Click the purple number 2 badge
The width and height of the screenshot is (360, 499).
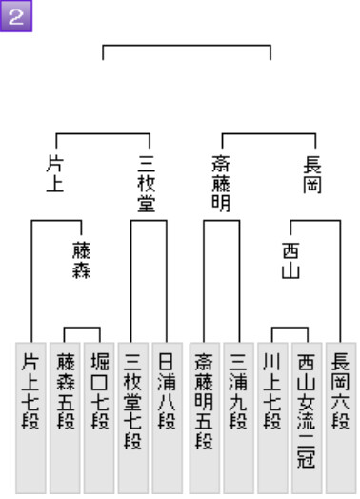coord(16,16)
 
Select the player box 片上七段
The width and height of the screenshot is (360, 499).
coord(30,418)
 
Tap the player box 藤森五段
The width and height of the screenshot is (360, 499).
coord(65,418)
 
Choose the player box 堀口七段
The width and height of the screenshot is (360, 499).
coord(99,418)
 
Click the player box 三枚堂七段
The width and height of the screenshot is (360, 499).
coord(133,418)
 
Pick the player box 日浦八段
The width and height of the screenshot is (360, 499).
coord(167,418)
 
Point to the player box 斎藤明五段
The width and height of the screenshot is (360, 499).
coord(205,418)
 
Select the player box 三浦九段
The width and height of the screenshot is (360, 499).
coord(238,418)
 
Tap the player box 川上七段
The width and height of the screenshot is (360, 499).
coord(272,418)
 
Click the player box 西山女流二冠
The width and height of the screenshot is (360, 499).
coord(307,418)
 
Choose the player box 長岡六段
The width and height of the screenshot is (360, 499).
coord(341,418)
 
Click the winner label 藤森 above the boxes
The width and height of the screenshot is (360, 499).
coord(82,261)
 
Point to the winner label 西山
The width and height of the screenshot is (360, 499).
coord(290,261)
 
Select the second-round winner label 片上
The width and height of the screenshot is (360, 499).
coord(55,173)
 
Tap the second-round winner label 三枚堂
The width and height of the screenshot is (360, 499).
coord(147,184)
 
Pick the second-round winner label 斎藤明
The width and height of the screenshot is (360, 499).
coord(221,184)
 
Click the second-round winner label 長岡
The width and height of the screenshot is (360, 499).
coord(312,173)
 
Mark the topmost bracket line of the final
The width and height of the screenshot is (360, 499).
coord(187,46)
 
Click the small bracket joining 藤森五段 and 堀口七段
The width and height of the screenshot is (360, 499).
coord(82,328)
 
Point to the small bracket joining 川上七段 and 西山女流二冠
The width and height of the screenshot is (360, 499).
coord(290,328)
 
